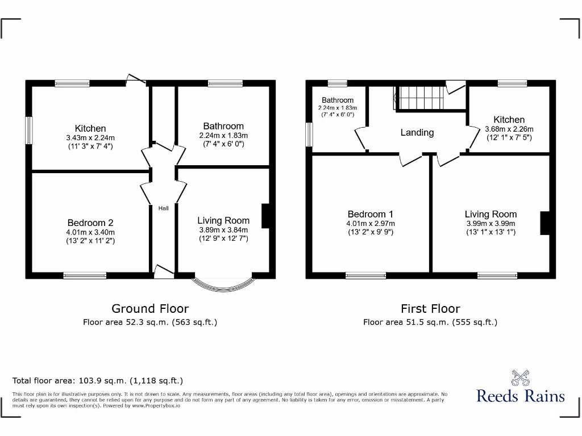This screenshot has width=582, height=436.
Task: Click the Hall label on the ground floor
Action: click(164, 208)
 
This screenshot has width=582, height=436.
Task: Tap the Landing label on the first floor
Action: click(417, 132)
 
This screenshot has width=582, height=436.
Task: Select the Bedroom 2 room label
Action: click(90, 223)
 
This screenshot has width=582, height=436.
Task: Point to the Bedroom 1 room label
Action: click(371, 214)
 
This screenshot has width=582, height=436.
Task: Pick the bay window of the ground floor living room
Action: click(223, 282)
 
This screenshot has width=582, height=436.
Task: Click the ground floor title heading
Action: click(150, 308)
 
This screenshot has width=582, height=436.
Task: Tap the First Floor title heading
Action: click(430, 308)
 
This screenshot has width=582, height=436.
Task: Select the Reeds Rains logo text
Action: click(521, 396)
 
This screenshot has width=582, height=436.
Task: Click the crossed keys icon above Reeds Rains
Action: click(520, 378)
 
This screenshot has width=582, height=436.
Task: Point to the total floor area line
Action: click(98, 381)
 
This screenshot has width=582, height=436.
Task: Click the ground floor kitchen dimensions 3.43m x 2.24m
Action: click(90, 137)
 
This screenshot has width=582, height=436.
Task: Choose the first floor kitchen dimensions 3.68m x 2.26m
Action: click(509, 129)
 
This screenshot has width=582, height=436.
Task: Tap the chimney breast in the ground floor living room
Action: click(265, 216)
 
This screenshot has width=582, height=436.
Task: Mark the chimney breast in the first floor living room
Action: click(545, 223)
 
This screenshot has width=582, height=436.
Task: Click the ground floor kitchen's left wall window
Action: click(29, 131)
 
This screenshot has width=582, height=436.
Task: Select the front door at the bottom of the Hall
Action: click(164, 272)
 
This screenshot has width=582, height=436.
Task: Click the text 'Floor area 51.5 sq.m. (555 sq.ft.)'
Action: click(430, 322)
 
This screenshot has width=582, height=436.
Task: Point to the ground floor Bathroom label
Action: click(223, 126)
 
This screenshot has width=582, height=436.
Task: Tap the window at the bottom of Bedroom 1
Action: click(366, 276)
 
